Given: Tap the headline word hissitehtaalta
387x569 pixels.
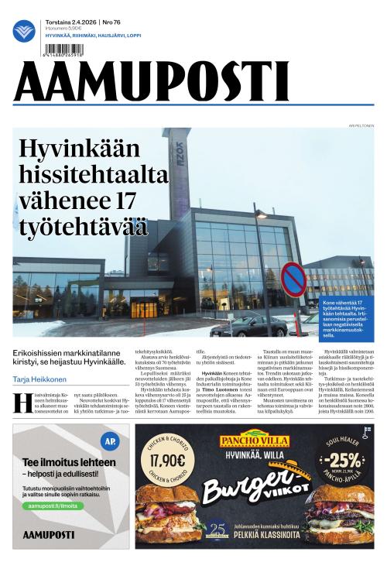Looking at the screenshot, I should tap(93, 174).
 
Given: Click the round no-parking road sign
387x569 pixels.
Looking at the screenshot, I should tap(293, 279).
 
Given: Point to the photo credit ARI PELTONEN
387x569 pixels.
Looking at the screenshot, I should tap(361, 124).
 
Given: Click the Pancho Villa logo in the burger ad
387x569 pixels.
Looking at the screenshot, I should tap(254, 440).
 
